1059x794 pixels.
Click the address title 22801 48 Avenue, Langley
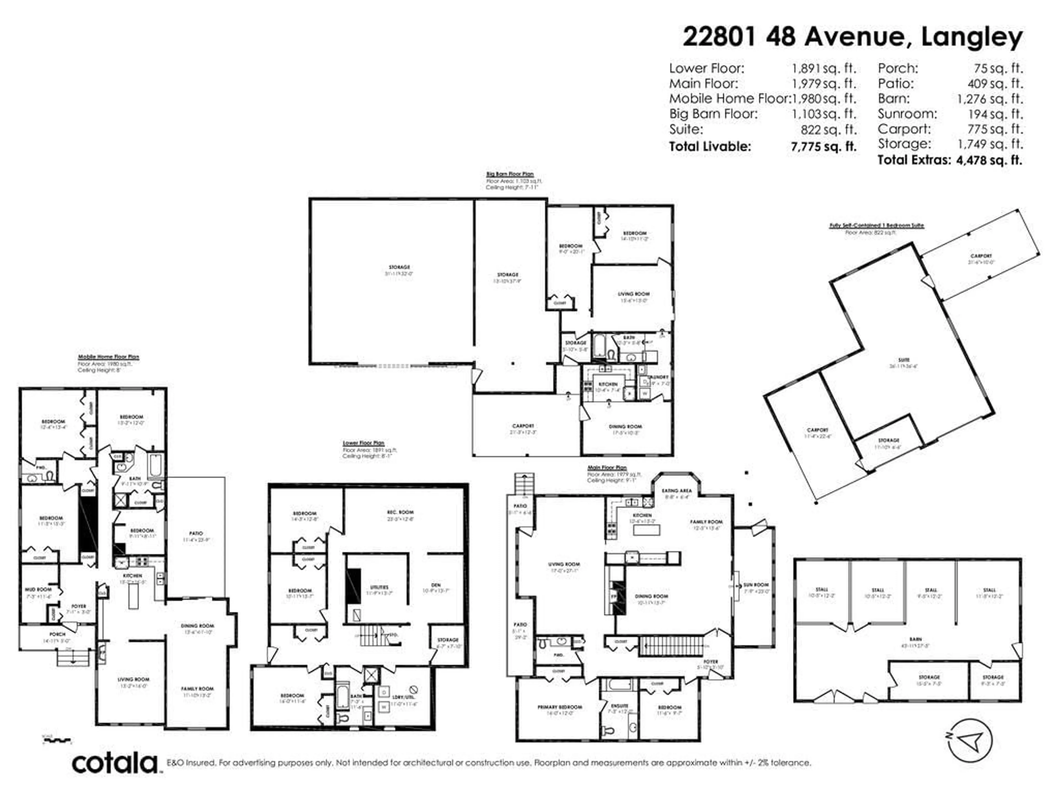pos(852,37)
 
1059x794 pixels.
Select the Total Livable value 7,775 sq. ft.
pos(823,146)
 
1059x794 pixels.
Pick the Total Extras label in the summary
pos(913,160)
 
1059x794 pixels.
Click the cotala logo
pos(115,763)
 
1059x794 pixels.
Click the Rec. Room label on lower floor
pos(400,512)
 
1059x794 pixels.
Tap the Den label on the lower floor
pos(436,585)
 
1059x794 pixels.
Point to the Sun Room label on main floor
pos(756,585)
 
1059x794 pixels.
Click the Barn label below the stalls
pos(915,639)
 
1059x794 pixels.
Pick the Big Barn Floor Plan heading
pos(509,174)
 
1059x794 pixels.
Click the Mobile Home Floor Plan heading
pos(109,356)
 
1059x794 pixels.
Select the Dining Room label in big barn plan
pos(625,426)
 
